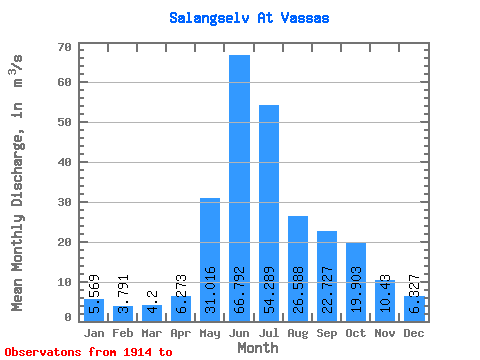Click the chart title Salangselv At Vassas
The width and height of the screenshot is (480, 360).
point(249,18)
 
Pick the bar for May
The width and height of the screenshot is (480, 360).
point(210,259)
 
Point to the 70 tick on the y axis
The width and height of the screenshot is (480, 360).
point(65,47)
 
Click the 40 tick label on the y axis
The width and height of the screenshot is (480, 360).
point(65,162)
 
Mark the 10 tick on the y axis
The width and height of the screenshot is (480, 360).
point(65,282)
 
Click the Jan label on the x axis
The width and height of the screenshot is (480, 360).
point(94,332)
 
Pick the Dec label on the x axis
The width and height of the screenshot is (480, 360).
point(415,332)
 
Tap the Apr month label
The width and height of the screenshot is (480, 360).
point(181,332)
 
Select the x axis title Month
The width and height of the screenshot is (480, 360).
point(258,348)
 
